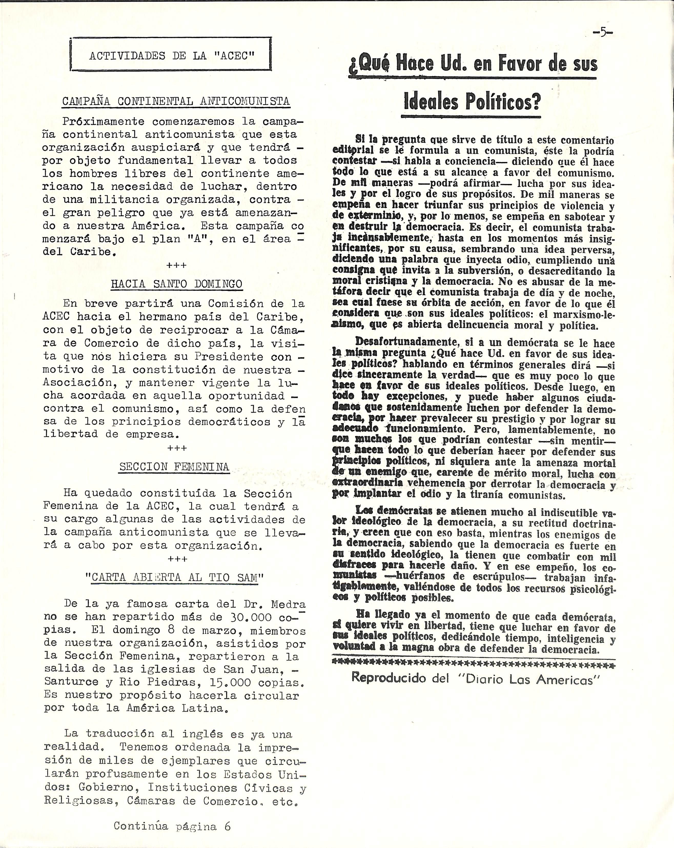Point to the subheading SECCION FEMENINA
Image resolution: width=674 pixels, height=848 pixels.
point(174,467)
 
